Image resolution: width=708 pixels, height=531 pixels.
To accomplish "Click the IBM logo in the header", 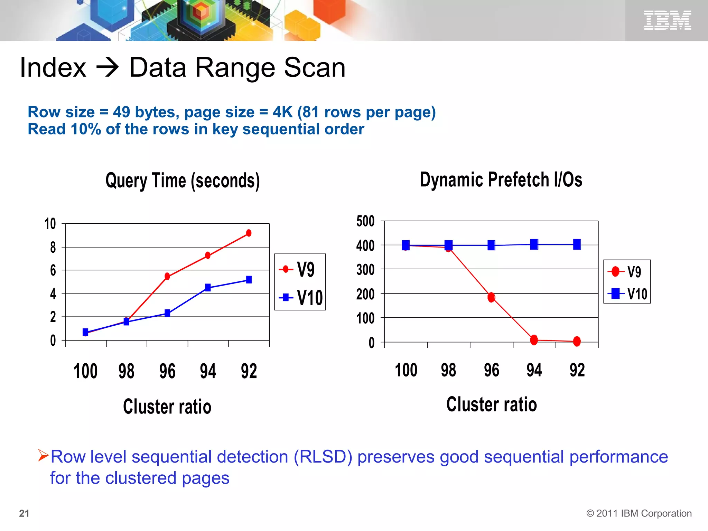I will click(x=667, y=20).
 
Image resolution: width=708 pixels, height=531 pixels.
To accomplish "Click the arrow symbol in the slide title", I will click(x=108, y=67).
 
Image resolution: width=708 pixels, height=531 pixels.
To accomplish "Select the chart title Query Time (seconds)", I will click(x=183, y=181).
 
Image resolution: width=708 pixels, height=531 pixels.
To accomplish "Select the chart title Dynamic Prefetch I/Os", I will click(x=501, y=180).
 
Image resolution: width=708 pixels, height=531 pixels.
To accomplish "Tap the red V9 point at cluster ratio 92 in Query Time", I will click(x=249, y=233).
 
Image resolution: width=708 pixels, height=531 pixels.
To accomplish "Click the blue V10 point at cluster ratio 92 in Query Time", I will click(x=249, y=279).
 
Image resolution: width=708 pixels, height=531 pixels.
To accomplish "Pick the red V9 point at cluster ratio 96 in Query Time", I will click(x=167, y=276).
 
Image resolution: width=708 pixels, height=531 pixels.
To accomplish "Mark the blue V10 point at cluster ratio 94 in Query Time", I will click(x=208, y=287).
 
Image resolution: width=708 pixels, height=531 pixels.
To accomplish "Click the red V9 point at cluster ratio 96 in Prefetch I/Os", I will click(x=491, y=297).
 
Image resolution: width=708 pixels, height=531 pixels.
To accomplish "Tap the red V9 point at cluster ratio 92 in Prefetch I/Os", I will click(x=577, y=341).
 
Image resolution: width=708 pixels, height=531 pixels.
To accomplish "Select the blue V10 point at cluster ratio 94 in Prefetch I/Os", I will click(x=534, y=244).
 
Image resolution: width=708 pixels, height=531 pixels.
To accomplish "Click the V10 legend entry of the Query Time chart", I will click(x=300, y=298).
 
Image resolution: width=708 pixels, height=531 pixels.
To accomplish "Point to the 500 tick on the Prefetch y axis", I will click(x=365, y=221).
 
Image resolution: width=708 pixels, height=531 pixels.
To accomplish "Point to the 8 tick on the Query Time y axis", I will click(x=53, y=248).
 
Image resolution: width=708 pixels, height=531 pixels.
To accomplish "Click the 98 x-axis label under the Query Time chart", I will click(x=126, y=371).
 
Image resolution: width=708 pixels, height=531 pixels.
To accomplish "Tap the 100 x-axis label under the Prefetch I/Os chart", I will click(x=406, y=370).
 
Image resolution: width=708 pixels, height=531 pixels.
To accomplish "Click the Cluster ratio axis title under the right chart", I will click(x=491, y=404).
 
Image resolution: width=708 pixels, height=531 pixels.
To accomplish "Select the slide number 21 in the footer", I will click(x=24, y=513).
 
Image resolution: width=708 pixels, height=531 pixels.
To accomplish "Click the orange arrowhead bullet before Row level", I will click(x=43, y=455).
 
